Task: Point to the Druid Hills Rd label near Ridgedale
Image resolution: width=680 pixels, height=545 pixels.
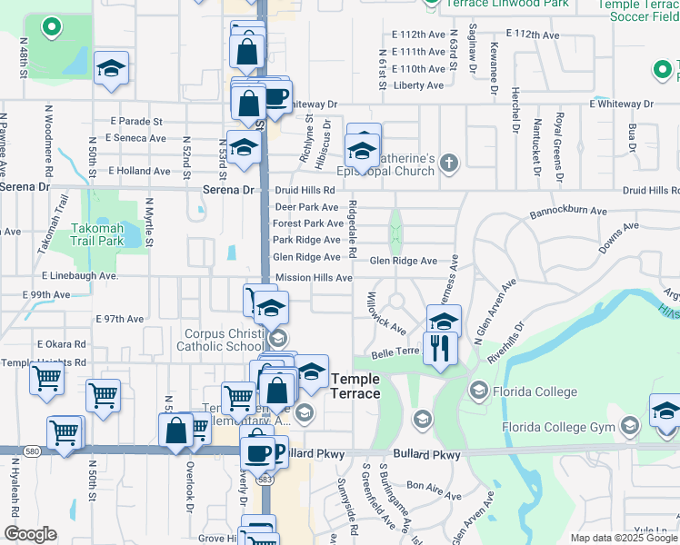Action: (x=305, y=190)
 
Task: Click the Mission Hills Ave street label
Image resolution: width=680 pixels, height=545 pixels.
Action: (x=314, y=278)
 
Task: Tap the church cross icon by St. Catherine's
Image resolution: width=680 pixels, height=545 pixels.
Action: (x=446, y=163)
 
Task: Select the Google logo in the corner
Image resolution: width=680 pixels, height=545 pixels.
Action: (x=29, y=534)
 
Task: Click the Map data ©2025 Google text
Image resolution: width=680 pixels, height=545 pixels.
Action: (x=624, y=538)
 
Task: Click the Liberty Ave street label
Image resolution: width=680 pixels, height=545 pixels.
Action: (x=419, y=85)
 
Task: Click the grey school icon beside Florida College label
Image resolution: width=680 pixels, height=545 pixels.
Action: (x=478, y=391)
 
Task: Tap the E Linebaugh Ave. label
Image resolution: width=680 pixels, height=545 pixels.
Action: (x=80, y=275)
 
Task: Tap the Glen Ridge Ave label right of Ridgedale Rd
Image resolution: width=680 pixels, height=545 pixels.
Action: (x=404, y=261)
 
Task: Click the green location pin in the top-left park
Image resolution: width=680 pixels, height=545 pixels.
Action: (x=52, y=27)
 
